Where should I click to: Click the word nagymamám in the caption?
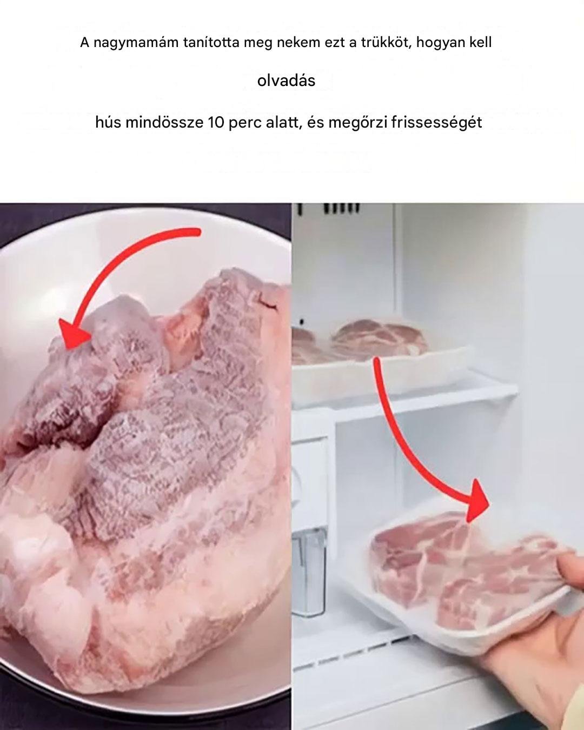tap(136, 43)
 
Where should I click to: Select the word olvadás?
tap(286, 81)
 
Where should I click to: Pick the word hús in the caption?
tap(109, 122)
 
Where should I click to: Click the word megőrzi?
tap(358, 123)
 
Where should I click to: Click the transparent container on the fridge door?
tap(309, 573)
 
